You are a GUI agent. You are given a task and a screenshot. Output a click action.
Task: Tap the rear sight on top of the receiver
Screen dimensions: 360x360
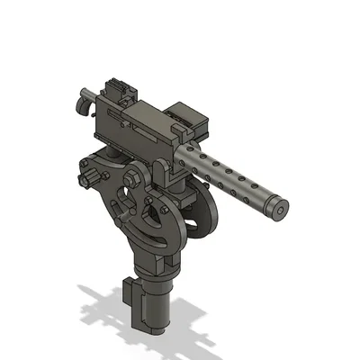coord(116,90)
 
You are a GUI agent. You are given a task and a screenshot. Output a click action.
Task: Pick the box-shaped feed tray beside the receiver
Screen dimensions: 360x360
coord(189,121)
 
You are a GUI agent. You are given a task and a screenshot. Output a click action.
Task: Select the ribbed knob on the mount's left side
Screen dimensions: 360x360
coord(88,175)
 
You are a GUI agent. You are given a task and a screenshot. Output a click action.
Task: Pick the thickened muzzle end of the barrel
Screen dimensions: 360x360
coord(274,202)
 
